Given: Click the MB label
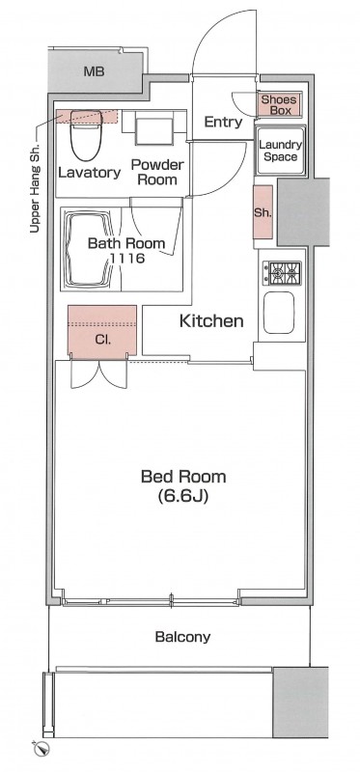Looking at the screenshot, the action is pyautogui.click(x=94, y=71).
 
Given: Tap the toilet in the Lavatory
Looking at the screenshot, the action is pyautogui.click(x=86, y=135).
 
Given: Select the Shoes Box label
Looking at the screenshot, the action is pyautogui.click(x=279, y=105).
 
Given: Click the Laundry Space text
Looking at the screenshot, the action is pyautogui.click(x=280, y=151).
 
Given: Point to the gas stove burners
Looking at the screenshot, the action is pyautogui.click(x=282, y=273).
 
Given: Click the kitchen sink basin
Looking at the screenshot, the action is pyautogui.click(x=279, y=313).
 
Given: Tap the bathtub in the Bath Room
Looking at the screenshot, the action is pyautogui.click(x=89, y=249).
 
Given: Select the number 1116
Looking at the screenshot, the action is pyautogui.click(x=127, y=258).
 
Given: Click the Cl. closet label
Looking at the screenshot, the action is pyautogui.click(x=102, y=340).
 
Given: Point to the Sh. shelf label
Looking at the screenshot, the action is pyautogui.click(x=263, y=212).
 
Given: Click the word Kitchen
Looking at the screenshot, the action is pyautogui.click(x=211, y=321).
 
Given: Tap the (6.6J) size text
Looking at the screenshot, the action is pyautogui.click(x=183, y=497).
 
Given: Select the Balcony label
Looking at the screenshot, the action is pyautogui.click(x=182, y=637).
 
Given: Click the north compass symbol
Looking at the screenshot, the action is pyautogui.click(x=43, y=749).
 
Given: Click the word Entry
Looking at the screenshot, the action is pyautogui.click(x=223, y=123).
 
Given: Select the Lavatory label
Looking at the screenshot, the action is pyautogui.click(x=90, y=173).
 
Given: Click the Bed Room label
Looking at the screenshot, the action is pyautogui.click(x=183, y=477).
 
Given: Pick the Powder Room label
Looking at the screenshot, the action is pyautogui.click(x=157, y=172).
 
